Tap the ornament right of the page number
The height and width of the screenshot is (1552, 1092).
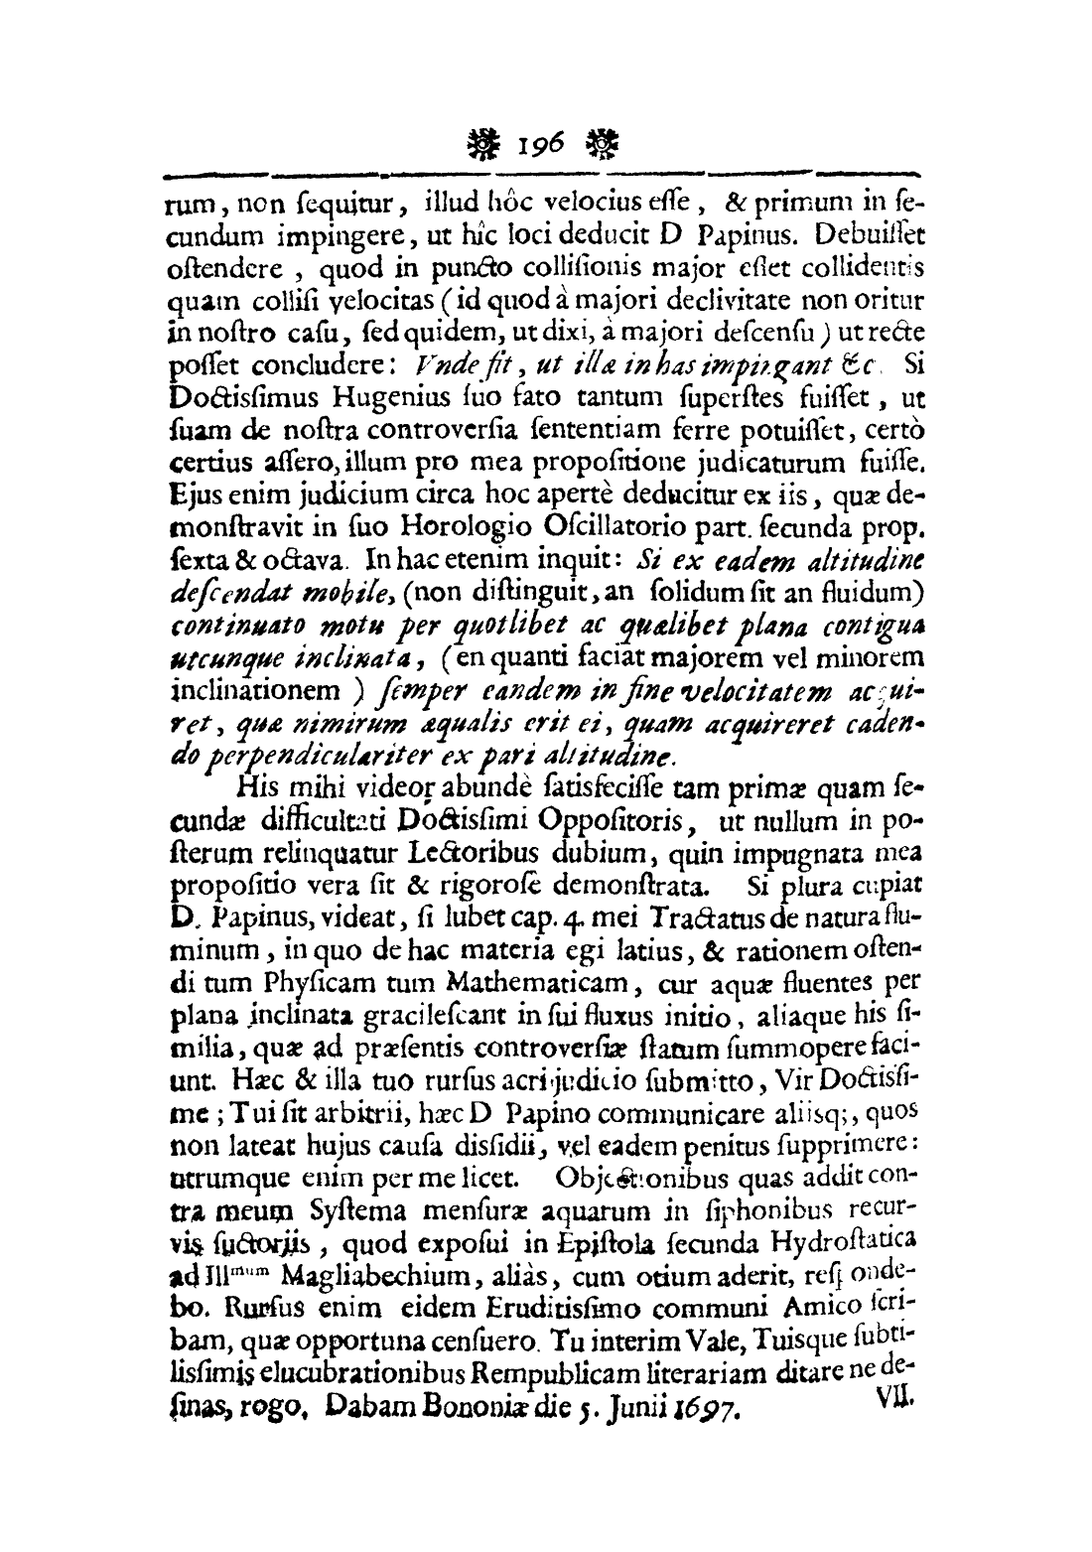(x=603, y=149)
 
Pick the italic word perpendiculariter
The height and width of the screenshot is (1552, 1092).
(x=315, y=730)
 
